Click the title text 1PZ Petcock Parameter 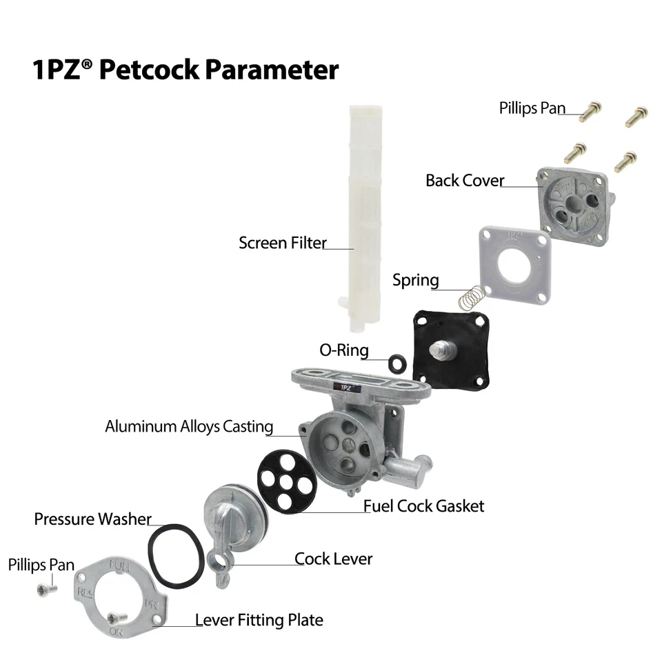tap(185, 70)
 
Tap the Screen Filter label tap(282, 243)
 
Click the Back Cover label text tap(464, 181)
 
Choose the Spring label tap(415, 280)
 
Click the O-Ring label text tap(343, 350)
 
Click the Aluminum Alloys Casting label tap(189, 426)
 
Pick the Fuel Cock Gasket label tap(423, 506)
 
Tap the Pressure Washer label tap(92, 519)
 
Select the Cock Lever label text tap(333, 559)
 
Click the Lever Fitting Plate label tap(259, 620)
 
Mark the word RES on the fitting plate tap(86, 592)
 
